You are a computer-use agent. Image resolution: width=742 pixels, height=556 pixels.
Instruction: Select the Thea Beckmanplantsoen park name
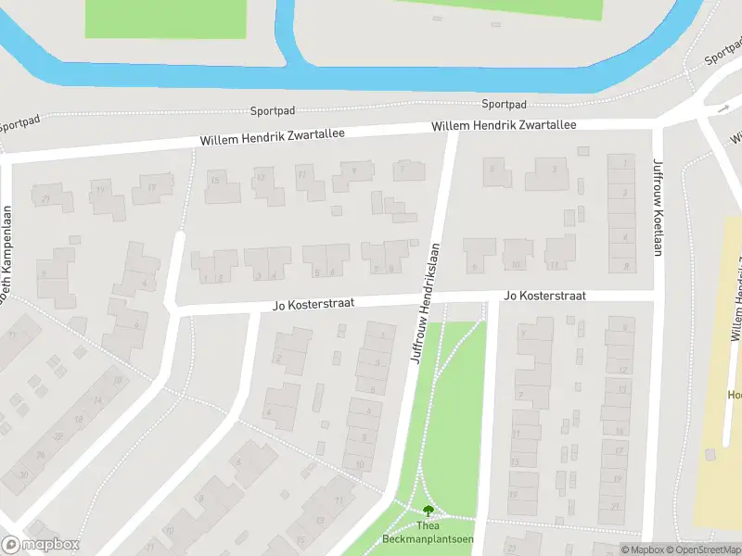tap(415, 533)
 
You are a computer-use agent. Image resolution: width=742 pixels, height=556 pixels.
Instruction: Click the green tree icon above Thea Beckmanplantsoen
tap(428, 511)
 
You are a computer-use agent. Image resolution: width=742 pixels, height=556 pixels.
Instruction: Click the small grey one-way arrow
tap(723, 109)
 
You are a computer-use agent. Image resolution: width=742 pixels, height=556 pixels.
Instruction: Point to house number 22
tap(58, 436)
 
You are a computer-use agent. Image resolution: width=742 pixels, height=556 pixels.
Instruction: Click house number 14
tap(96, 400)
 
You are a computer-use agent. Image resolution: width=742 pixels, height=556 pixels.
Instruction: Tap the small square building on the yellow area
tap(710, 454)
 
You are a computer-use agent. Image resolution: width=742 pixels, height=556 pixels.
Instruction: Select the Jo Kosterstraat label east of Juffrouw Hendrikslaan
tap(544, 296)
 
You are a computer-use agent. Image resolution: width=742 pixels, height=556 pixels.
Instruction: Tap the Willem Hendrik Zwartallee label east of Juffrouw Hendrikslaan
tap(504, 125)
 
